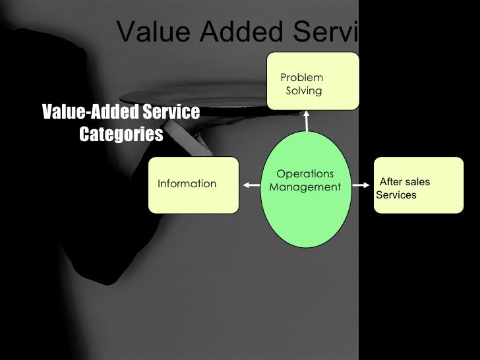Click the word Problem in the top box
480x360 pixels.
tap(301, 78)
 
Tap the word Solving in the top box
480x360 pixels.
tap(304, 90)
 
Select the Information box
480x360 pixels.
tap(193, 185)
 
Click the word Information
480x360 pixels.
tap(187, 184)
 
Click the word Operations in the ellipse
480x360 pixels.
tap(305, 174)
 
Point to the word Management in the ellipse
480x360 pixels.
tap(305, 187)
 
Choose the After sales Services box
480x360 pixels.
tap(418, 185)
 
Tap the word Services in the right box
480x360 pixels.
tap(396, 195)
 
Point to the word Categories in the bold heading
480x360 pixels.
tap(121, 135)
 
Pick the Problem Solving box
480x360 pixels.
tap(313, 80)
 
